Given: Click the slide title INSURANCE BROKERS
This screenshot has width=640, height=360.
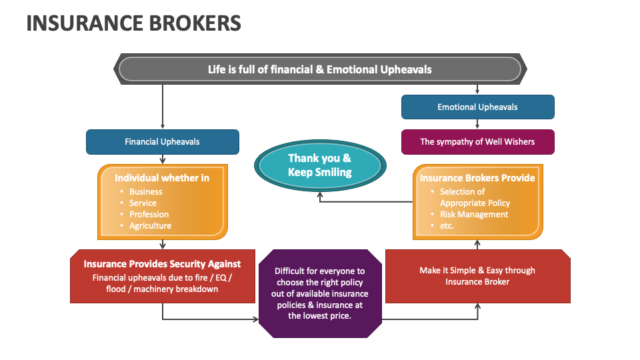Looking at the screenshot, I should click(133, 23).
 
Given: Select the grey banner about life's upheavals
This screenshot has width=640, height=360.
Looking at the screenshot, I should click(320, 69).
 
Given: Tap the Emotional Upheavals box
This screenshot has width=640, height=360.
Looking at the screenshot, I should click(477, 107).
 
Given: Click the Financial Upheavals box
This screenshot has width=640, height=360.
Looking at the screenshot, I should click(162, 141).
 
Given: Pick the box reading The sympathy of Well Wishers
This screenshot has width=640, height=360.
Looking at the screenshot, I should click(477, 141).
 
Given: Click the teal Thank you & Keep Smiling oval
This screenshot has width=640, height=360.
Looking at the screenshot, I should click(319, 165).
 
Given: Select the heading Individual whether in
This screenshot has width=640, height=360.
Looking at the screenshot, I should click(162, 177).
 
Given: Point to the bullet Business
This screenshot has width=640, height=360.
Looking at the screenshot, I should click(145, 192).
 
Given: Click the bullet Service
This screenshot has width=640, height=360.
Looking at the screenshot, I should click(143, 203).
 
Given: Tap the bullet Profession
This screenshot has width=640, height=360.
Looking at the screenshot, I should click(149, 215).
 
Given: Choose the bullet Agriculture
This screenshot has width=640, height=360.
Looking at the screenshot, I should click(150, 226).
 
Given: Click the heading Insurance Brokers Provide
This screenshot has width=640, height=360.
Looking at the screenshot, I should click(477, 177).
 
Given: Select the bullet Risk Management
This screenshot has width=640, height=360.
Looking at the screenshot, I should click(473, 215).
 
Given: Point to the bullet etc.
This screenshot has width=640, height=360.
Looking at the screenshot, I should click(447, 226).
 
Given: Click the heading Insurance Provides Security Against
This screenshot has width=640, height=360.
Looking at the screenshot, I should click(162, 264).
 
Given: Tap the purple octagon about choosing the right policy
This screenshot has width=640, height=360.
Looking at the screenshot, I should click(321, 293).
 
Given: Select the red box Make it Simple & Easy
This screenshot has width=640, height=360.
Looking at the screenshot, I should click(477, 276).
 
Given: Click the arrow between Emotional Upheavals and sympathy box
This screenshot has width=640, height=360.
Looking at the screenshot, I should click(477, 124).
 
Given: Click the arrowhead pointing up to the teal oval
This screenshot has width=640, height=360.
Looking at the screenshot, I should click(319, 194).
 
